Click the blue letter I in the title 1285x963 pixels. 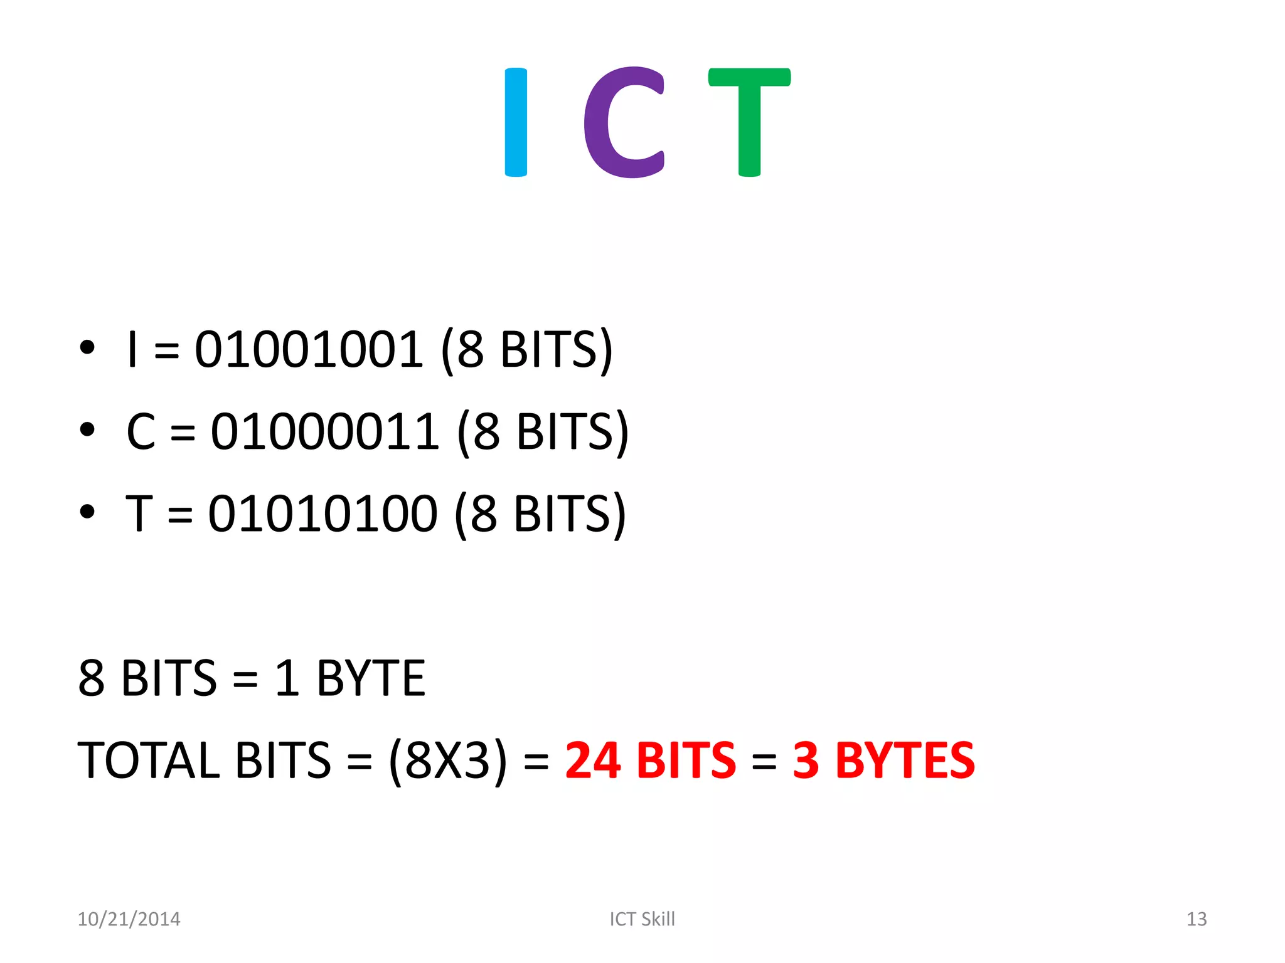pyautogui.click(x=516, y=122)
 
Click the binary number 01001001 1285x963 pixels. pyautogui.click(x=309, y=349)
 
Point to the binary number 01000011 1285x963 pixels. pyautogui.click(x=324, y=431)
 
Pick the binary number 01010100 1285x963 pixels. pyautogui.click(x=323, y=513)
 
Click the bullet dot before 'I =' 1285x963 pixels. pyautogui.click(x=87, y=347)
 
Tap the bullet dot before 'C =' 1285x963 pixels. pyautogui.click(x=87, y=429)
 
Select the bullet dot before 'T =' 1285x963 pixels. pyautogui.click(x=87, y=512)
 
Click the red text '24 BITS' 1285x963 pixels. pyautogui.click(x=650, y=760)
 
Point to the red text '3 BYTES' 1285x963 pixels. pyautogui.click(x=883, y=760)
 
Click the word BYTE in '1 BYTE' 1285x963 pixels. pyautogui.click(x=371, y=678)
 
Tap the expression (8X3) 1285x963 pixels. pyautogui.click(x=447, y=760)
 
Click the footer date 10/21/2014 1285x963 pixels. pyautogui.click(x=129, y=919)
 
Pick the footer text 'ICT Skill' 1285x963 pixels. pyautogui.click(x=642, y=919)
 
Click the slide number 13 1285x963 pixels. pyautogui.click(x=1196, y=919)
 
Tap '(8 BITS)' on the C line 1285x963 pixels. pyautogui.click(x=543, y=431)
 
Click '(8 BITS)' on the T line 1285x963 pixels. pyautogui.click(x=540, y=513)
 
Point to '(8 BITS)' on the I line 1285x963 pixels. pyautogui.click(x=526, y=349)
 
